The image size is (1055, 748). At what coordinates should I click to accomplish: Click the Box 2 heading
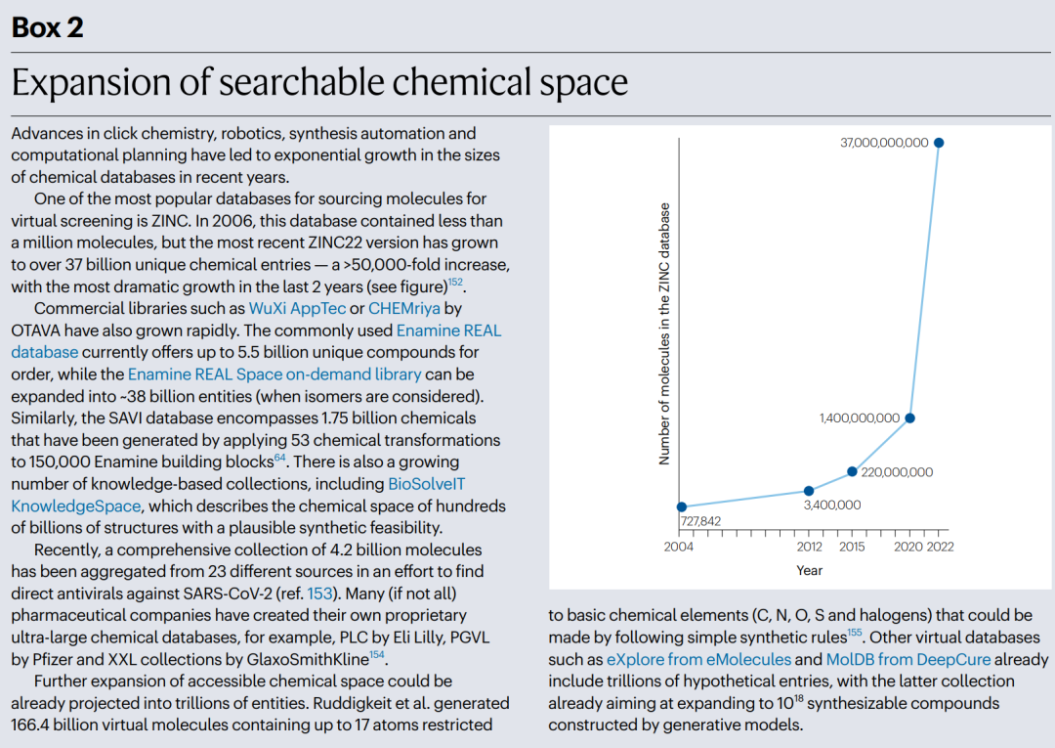click(48, 27)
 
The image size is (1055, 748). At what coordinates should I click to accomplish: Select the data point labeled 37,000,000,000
click(939, 143)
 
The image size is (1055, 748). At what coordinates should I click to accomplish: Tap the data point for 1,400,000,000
click(909, 418)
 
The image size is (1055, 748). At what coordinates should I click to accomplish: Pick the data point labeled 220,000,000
click(852, 472)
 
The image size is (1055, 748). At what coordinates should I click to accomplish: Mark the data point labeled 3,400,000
click(809, 492)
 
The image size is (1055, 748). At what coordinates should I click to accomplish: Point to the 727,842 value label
click(700, 521)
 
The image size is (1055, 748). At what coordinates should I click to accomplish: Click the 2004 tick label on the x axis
click(678, 547)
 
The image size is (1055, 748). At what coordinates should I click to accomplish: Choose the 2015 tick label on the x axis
click(852, 547)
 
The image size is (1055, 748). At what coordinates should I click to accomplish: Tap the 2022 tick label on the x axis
click(940, 547)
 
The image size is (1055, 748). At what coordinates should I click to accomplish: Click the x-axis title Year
click(810, 570)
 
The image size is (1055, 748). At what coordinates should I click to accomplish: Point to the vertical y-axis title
click(665, 334)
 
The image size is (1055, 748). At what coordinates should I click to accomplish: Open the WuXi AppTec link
click(297, 308)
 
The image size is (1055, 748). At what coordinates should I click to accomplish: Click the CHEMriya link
click(404, 308)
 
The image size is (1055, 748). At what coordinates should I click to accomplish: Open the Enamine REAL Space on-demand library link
click(274, 374)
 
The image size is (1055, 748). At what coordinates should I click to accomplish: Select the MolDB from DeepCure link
click(908, 659)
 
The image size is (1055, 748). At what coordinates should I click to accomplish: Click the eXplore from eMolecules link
click(699, 659)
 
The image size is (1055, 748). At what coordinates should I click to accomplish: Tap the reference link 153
click(319, 594)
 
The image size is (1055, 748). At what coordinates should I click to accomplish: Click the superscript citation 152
click(455, 282)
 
